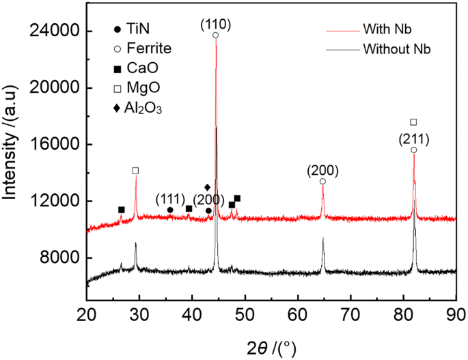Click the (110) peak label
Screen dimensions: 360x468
216,25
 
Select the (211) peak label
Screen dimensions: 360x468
413,139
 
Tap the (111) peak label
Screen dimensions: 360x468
169,199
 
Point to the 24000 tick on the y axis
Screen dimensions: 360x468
57,31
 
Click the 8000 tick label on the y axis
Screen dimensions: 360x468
61,258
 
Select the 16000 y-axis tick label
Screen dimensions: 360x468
57,145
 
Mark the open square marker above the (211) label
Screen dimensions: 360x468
413,122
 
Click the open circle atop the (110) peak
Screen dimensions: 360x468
216,35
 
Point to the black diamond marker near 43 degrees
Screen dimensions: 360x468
208,187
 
